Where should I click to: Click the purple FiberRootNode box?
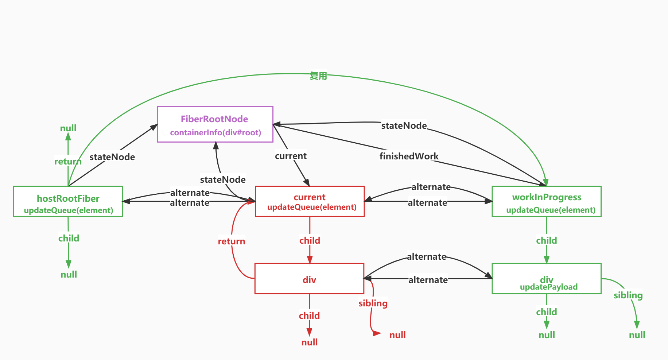point(215,124)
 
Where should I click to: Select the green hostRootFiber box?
point(68,201)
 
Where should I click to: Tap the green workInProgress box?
point(547,201)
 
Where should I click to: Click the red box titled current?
point(310,201)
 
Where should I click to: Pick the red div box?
point(309,278)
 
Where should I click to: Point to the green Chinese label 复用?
point(318,76)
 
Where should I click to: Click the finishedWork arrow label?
point(409,156)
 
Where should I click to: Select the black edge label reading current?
point(291,156)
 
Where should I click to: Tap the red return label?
point(232,241)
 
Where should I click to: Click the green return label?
point(68,161)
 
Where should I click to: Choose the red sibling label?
point(373,303)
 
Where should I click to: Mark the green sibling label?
point(628,295)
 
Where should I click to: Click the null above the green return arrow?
point(68,128)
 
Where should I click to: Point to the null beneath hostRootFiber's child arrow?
point(69,274)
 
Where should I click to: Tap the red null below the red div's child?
point(309,342)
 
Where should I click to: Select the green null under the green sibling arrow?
point(637,335)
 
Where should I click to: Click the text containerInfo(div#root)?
point(215,132)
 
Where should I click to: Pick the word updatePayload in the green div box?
point(548,287)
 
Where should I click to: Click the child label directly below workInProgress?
point(546,240)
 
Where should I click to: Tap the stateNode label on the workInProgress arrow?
point(404,126)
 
